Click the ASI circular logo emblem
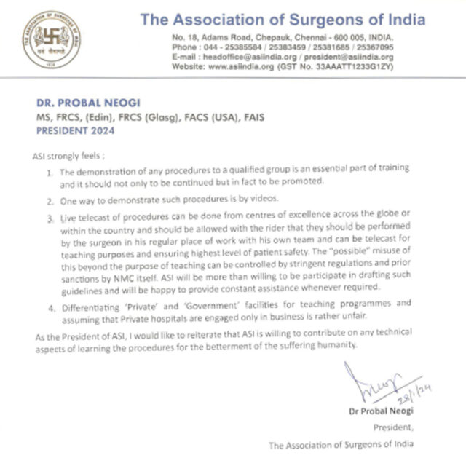[52, 41]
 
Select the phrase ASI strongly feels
[68, 155]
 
